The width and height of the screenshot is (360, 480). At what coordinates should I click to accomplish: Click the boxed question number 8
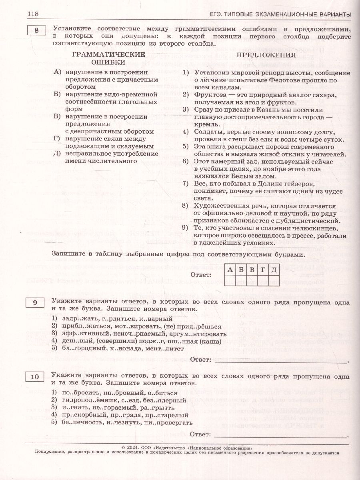pyautogui.click(x=37, y=31)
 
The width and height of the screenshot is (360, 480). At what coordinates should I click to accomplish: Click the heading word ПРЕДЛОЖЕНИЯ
pyautogui.click(x=266, y=55)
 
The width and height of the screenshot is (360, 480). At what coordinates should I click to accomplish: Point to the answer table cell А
pyautogui.click(x=230, y=270)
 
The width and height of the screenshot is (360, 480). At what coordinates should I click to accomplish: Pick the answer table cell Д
pyautogui.click(x=274, y=270)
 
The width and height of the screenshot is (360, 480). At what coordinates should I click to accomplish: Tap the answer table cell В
pyautogui.click(x=252, y=270)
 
